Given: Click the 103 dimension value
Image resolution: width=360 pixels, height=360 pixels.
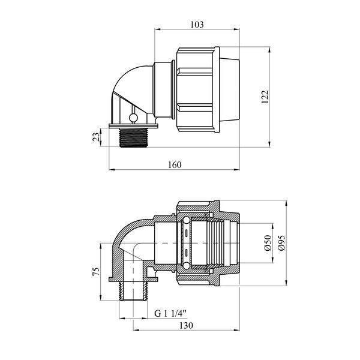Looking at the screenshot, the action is tap(197, 25).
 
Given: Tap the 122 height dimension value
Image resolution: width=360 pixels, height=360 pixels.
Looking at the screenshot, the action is tap(265, 97).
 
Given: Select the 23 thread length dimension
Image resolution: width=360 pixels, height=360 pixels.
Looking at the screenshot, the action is tap(97, 137).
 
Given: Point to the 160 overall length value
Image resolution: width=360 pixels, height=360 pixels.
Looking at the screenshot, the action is tap(175, 164).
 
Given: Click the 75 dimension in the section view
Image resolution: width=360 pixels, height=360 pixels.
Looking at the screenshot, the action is tap(97, 271).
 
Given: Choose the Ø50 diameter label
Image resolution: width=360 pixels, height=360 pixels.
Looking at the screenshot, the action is tap(268, 242).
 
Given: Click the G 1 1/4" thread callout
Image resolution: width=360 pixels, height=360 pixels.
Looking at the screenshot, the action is tap(170, 313).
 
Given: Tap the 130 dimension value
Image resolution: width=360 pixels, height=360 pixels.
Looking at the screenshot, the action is tap(186, 325).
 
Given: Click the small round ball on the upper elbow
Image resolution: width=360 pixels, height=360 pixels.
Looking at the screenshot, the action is tap(133, 118).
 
